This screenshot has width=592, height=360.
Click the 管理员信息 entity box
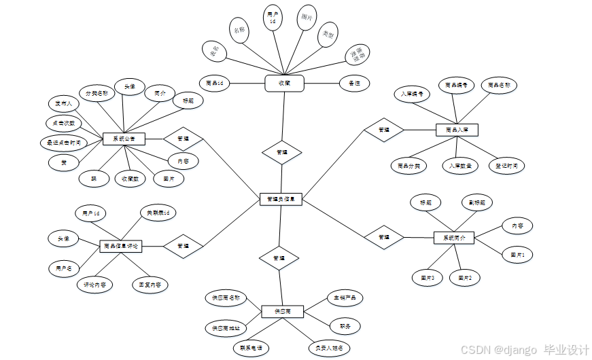pos(281,199)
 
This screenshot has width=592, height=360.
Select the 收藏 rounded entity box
pos(284,83)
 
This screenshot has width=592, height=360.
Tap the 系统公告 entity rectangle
pos(120,139)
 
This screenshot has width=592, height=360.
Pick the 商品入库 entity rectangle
pos(457,129)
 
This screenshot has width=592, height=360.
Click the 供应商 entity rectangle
pos(282,311)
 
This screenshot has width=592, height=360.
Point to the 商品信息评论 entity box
pos(123,246)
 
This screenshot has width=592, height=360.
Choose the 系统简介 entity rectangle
pos(454,238)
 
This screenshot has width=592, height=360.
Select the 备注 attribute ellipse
pos(354,83)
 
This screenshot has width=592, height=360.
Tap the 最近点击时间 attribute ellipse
pos(63,143)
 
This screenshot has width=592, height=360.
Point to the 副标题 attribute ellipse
pos(476,202)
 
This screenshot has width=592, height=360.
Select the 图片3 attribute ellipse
pos(427,277)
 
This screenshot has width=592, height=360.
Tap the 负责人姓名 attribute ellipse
pos(329,348)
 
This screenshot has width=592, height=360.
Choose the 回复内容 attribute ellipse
pos(150,285)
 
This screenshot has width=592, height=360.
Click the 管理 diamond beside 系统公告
pos(183,138)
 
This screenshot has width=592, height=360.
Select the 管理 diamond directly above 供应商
pos(279,258)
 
